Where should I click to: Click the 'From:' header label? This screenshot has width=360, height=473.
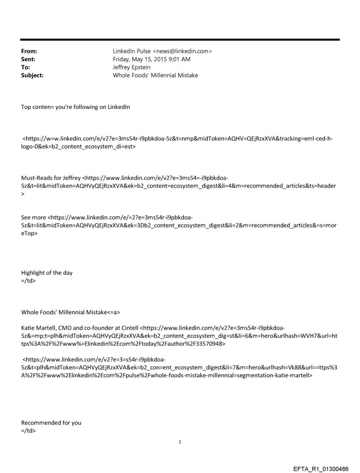(29, 52)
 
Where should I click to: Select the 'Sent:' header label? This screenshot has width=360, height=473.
(28, 60)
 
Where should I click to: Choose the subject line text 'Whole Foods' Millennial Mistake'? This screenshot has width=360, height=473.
(155, 75)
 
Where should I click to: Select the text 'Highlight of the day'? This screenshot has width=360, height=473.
(47, 272)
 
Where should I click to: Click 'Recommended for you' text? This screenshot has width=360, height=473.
(51, 423)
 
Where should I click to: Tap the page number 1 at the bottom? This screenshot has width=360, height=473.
(180, 442)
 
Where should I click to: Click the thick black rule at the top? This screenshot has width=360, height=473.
(180, 40)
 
